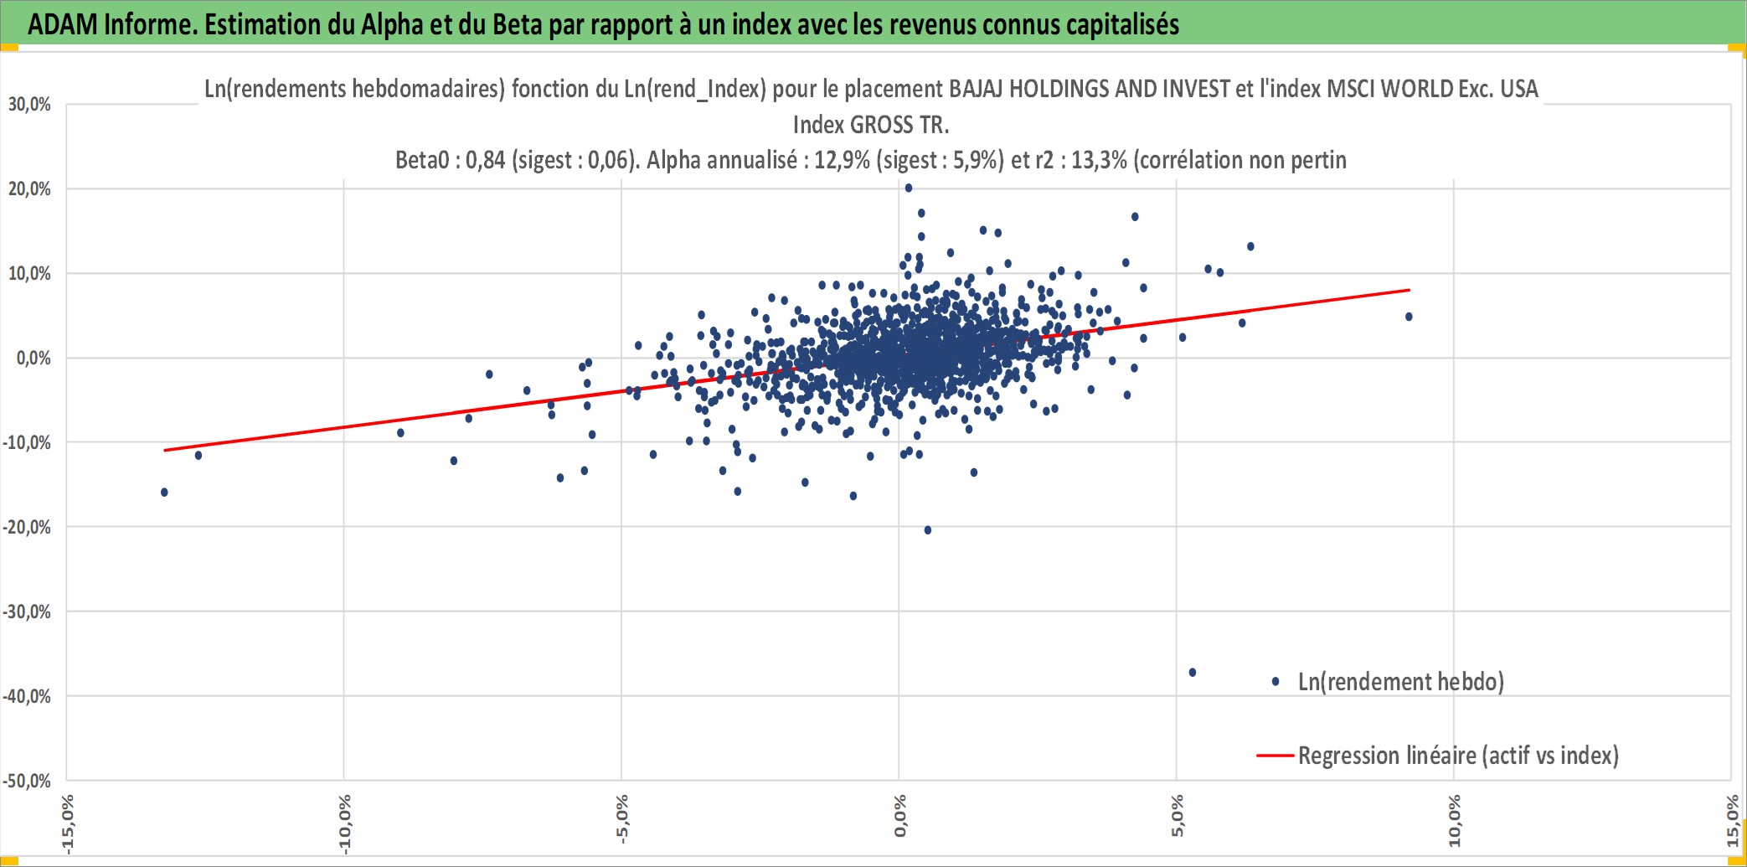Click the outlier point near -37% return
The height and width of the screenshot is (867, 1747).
pos(1193,673)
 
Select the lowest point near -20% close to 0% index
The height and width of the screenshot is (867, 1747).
pos(928,530)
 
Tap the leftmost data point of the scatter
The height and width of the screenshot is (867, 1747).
pos(164,493)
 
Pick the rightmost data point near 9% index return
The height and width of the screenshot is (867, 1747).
pos(1409,317)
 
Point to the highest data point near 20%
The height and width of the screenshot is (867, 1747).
pos(909,188)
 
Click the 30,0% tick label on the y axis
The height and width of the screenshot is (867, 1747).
pos(29,105)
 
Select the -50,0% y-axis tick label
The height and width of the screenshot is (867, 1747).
pos(27,781)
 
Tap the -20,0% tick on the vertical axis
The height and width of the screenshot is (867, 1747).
pos(27,527)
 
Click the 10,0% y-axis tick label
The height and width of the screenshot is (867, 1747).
pos(29,273)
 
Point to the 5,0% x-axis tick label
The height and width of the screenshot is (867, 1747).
pos(1177,817)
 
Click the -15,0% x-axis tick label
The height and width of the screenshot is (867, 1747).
pos(67,824)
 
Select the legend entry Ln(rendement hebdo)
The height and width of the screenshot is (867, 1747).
pos(1400,682)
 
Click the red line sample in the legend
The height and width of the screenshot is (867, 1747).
pos(1275,756)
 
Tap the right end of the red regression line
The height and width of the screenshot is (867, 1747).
pos(1409,290)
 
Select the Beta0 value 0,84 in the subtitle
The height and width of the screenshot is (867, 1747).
pos(486,160)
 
